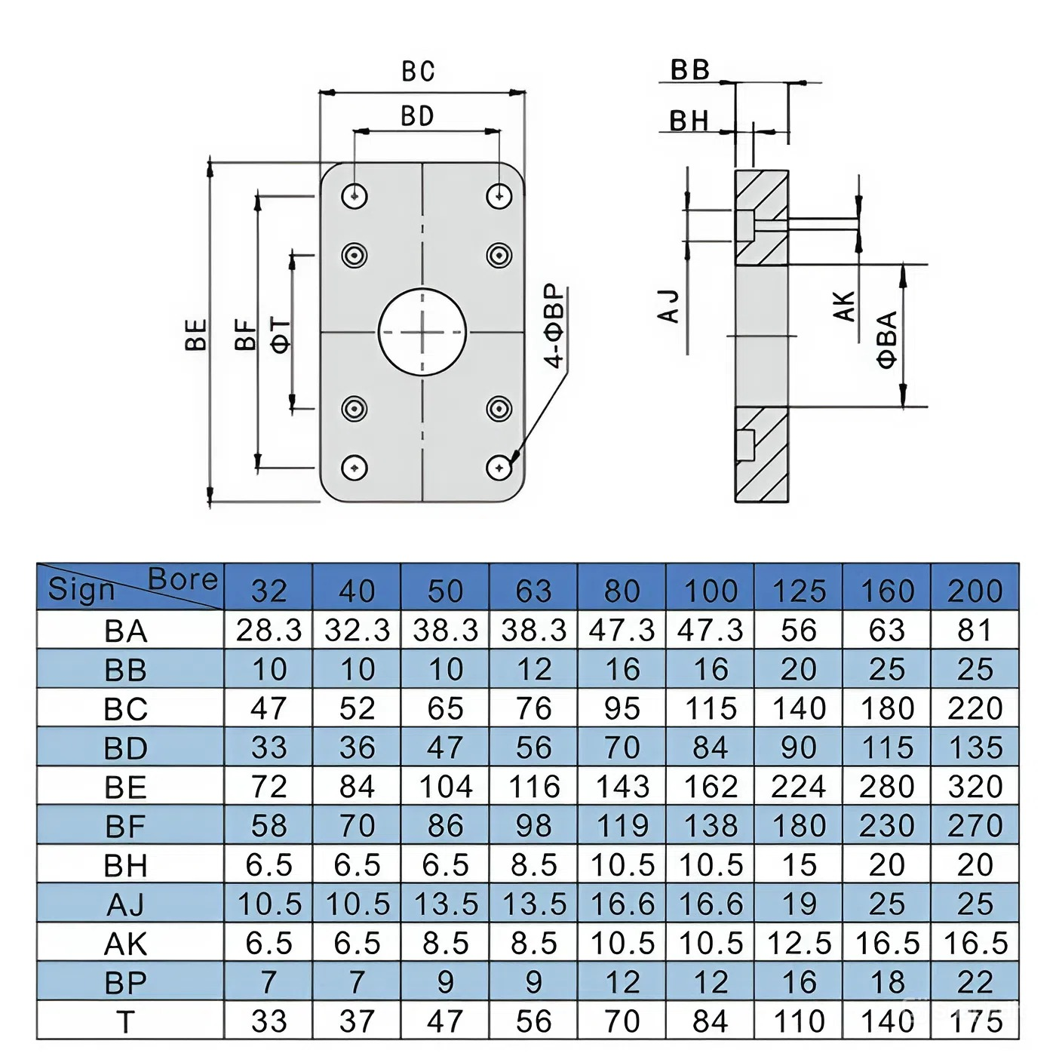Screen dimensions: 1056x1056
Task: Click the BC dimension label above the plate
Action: pos(418,71)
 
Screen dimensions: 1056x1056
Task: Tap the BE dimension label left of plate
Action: pos(196,335)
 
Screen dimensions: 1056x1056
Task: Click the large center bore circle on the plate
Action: pos(422,331)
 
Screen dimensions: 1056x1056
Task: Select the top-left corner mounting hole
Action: pos(355,196)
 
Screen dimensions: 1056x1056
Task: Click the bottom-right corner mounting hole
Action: pos(499,468)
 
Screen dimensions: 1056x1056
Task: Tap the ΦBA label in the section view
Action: pos(888,339)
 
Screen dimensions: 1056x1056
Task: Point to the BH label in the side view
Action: pos(689,121)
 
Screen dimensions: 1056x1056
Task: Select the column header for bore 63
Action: pos(533,591)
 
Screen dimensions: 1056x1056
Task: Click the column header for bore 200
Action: pos(975,591)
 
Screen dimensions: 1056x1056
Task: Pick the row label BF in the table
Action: pos(125,827)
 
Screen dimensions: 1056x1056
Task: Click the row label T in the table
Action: pos(125,1022)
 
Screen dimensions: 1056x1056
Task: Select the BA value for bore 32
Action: pos(269,630)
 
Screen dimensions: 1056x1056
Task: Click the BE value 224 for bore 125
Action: pos(799,787)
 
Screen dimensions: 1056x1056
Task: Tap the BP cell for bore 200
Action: pos(975,982)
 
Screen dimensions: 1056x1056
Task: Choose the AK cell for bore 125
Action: pos(799,943)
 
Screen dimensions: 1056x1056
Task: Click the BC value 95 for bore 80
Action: pos(622,708)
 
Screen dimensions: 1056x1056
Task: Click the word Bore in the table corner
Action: pos(183,579)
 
